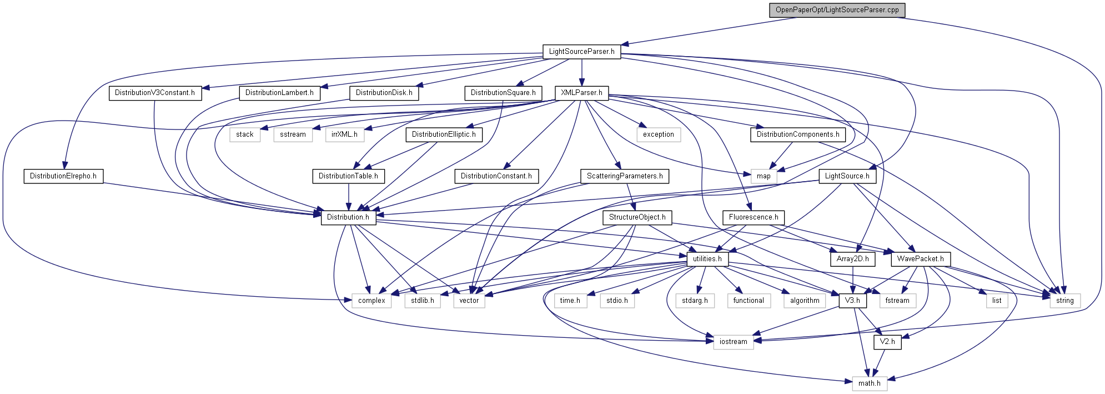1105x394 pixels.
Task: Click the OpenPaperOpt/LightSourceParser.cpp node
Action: [x=837, y=10]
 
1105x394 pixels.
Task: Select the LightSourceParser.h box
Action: [x=581, y=52]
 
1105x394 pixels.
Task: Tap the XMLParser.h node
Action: [x=581, y=93]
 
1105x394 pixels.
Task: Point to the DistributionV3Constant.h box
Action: [x=154, y=93]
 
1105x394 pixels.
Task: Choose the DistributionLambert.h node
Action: [x=279, y=93]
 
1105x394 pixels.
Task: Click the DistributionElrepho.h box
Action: [x=63, y=176]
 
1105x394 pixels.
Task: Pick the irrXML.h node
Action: [x=344, y=134]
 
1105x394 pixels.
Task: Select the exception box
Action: [x=658, y=134]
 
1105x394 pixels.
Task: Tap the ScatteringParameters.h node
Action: [x=625, y=176]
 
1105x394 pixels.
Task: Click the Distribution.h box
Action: [x=348, y=217]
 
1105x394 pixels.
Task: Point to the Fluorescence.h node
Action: [x=754, y=217]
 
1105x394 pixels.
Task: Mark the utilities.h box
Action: [x=707, y=259]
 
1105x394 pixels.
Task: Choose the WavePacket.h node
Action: [x=920, y=259]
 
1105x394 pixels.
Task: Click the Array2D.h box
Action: [x=852, y=259]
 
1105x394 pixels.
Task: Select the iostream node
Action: [x=733, y=342]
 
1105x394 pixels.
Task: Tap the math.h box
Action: [x=869, y=383]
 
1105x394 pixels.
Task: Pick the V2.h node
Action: [x=887, y=342]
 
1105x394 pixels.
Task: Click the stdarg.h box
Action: [x=695, y=301]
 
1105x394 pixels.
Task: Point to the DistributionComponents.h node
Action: [x=797, y=134]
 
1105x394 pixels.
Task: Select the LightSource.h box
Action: [x=847, y=176]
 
